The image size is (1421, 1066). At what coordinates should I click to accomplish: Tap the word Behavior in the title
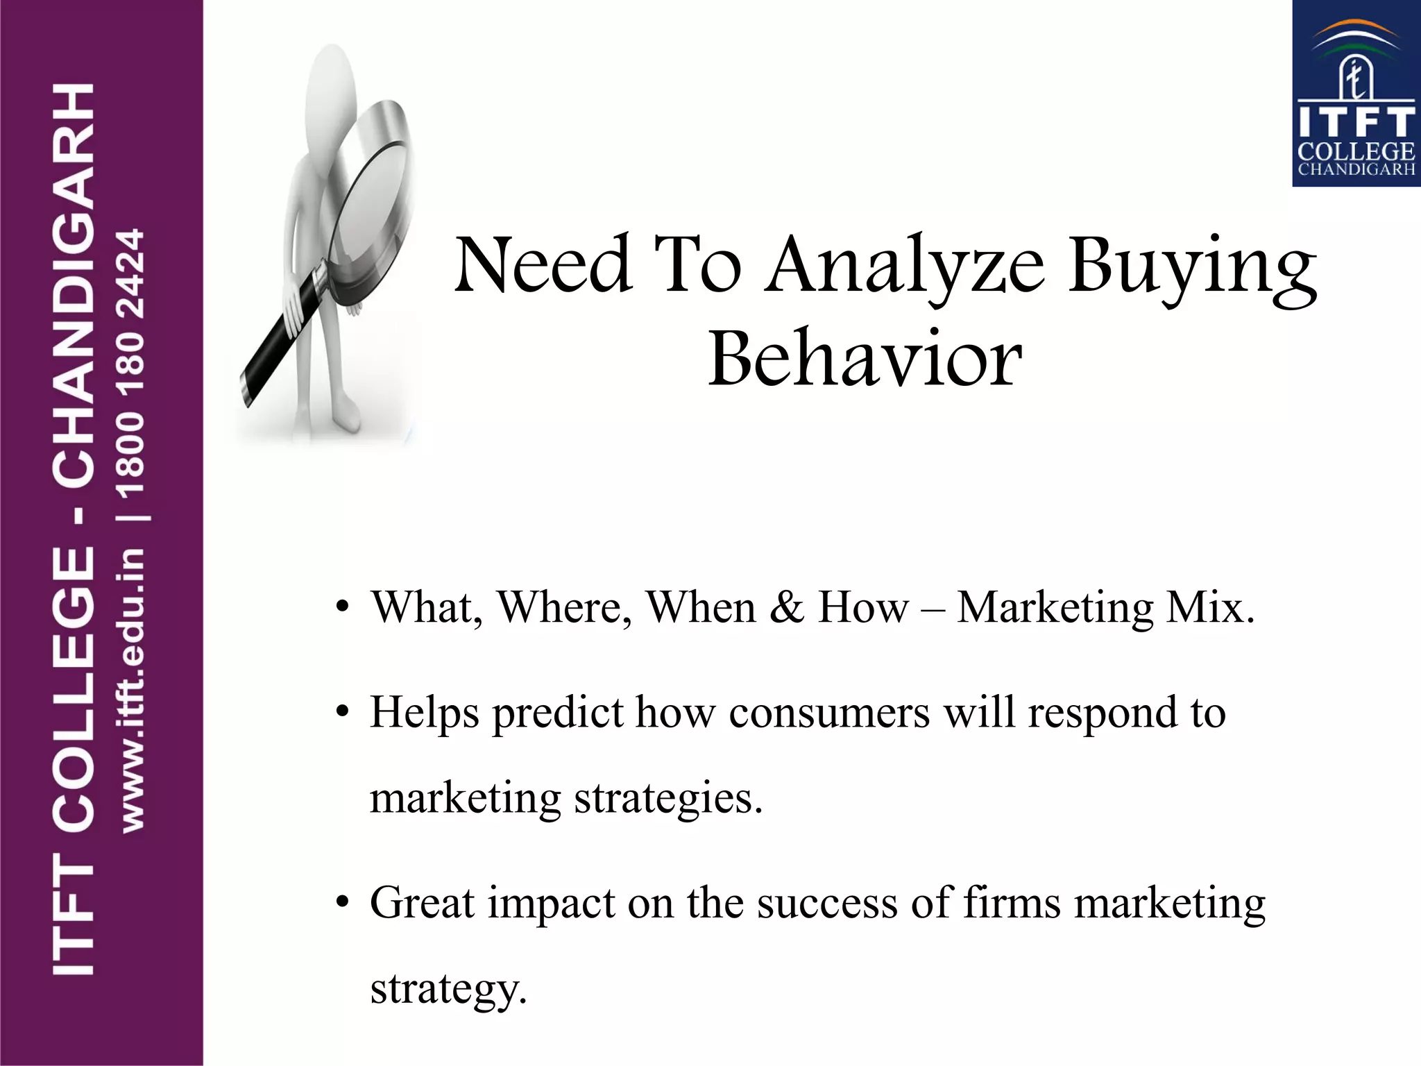coord(865,360)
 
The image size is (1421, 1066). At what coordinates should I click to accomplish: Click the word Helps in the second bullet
coord(424,713)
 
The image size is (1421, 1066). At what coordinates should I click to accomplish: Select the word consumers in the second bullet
coord(829,713)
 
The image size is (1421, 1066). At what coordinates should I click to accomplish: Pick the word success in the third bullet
coord(826,904)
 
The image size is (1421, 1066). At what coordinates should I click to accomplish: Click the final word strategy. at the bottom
coord(448,989)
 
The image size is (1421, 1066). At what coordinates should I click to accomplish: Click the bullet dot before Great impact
coord(341,904)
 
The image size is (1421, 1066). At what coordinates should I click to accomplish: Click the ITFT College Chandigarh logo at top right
coord(1355,94)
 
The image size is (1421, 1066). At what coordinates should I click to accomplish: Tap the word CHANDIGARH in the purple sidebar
coord(73,285)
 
